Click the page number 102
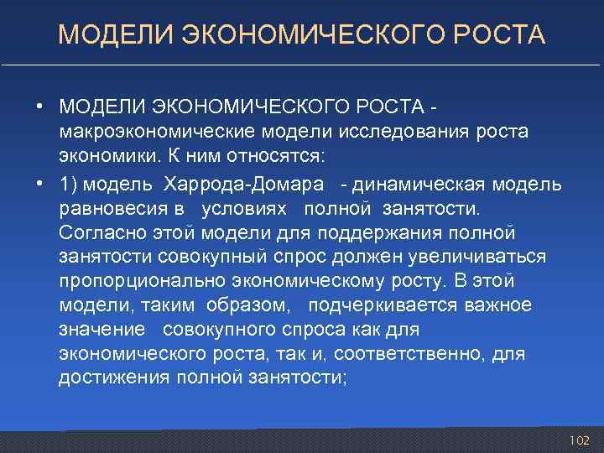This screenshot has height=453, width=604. [x=579, y=440]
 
